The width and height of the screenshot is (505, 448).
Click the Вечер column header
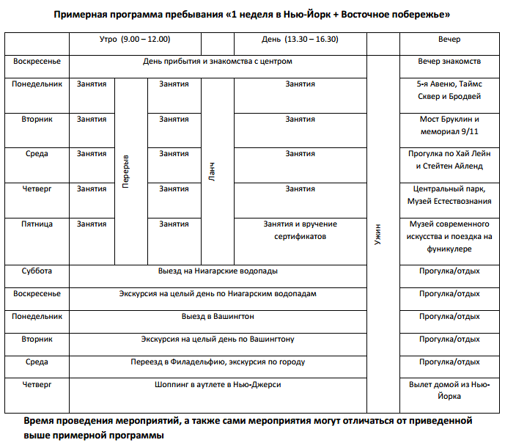(x=449, y=39)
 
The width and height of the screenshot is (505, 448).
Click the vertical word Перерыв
(x=125, y=171)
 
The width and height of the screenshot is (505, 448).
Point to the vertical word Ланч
(x=212, y=172)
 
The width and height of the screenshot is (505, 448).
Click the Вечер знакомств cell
(x=449, y=61)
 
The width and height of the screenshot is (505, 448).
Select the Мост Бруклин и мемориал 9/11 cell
(x=449, y=125)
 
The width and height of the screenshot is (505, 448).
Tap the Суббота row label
(x=37, y=271)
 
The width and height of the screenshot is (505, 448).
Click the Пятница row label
(x=37, y=224)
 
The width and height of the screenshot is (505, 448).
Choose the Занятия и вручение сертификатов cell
(x=300, y=230)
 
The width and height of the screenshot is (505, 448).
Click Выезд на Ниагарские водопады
(x=218, y=271)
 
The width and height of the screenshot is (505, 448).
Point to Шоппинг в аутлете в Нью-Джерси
(x=218, y=384)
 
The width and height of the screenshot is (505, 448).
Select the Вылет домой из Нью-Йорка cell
(x=449, y=390)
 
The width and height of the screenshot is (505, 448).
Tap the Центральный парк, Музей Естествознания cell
(x=449, y=195)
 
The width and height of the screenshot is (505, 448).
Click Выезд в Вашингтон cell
(x=218, y=316)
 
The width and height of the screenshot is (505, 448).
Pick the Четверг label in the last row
(x=37, y=384)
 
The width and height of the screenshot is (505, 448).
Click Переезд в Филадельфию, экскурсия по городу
(x=218, y=361)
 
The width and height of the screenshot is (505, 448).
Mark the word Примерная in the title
(x=83, y=15)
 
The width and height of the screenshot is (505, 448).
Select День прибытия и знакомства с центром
(x=218, y=61)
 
